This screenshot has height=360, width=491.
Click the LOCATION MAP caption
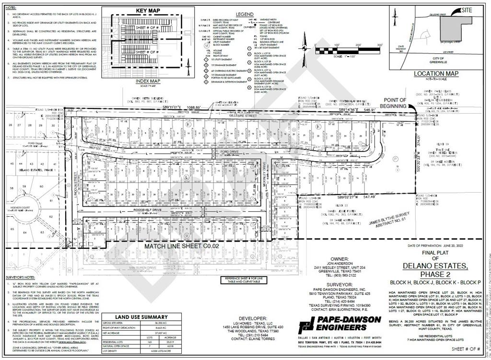436,74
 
